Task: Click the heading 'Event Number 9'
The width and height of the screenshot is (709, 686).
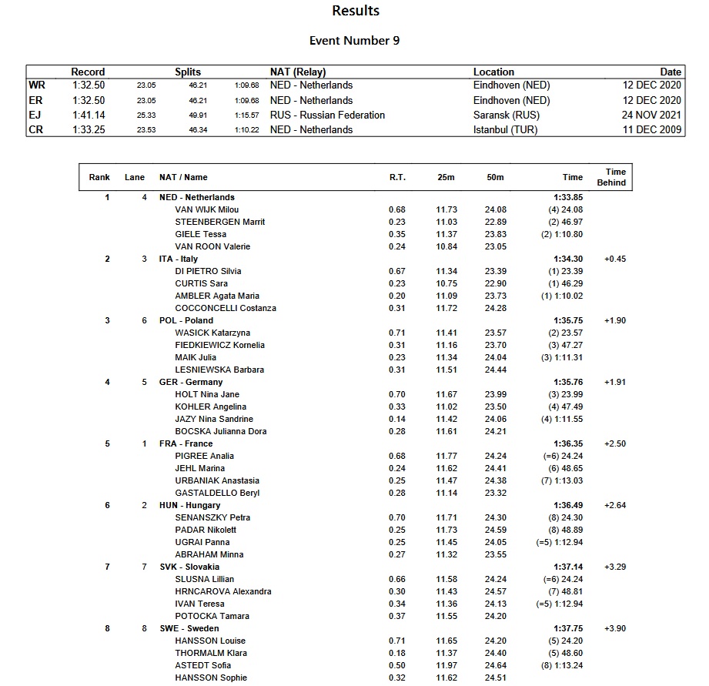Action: (x=354, y=41)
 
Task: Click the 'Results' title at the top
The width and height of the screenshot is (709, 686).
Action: (x=355, y=11)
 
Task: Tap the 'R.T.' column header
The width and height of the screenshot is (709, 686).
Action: (x=397, y=177)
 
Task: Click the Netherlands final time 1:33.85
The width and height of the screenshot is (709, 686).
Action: (x=567, y=197)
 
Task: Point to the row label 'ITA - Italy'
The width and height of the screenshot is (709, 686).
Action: (x=179, y=259)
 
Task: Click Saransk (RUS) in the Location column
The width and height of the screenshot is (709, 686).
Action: (x=507, y=115)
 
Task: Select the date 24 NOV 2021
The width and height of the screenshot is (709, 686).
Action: (x=652, y=115)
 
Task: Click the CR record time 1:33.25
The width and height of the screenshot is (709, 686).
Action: (x=89, y=129)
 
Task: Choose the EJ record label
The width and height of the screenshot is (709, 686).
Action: (x=35, y=115)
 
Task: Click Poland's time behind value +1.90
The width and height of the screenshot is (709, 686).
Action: (x=615, y=320)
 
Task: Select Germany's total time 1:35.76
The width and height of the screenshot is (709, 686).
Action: (x=567, y=382)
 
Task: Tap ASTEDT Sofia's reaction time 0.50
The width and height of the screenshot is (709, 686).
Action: (x=397, y=665)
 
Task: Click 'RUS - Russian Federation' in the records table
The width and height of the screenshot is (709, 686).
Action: (x=327, y=115)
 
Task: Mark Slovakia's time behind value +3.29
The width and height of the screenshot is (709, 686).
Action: (x=615, y=567)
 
